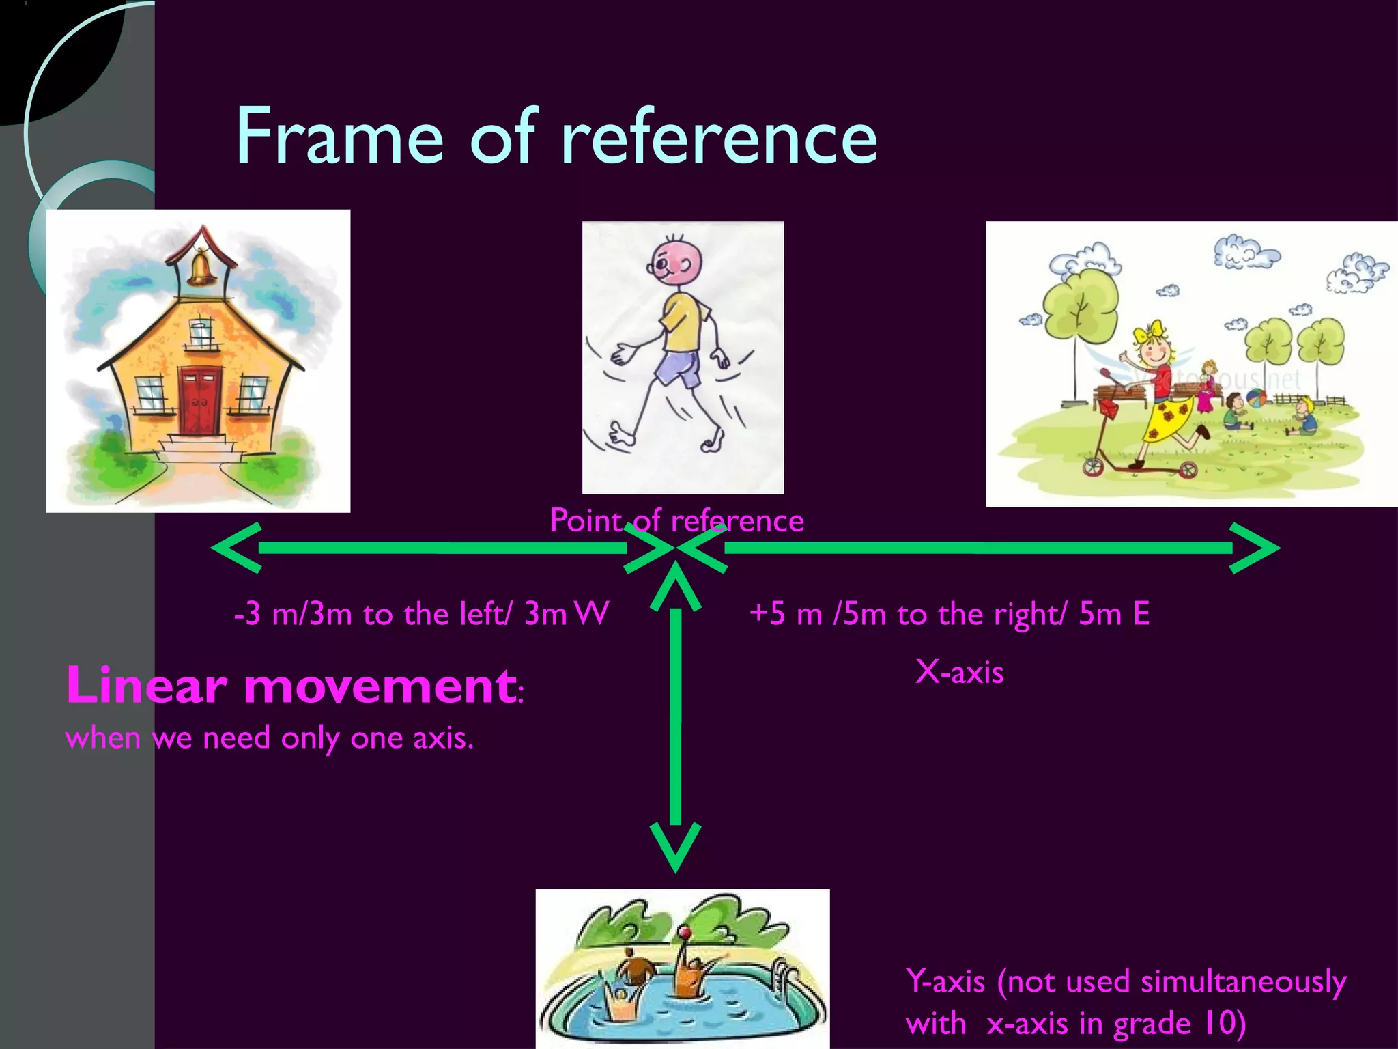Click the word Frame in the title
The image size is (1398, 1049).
click(339, 137)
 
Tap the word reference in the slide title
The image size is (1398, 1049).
click(719, 137)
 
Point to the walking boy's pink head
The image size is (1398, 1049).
click(676, 260)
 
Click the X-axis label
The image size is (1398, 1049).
click(959, 673)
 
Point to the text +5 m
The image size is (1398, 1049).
click(785, 614)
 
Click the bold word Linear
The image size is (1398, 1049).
click(146, 685)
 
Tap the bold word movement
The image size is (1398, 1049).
click(380, 686)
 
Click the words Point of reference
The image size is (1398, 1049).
click(676, 521)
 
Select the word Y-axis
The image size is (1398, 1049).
click(945, 982)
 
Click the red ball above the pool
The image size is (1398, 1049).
click(685, 933)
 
